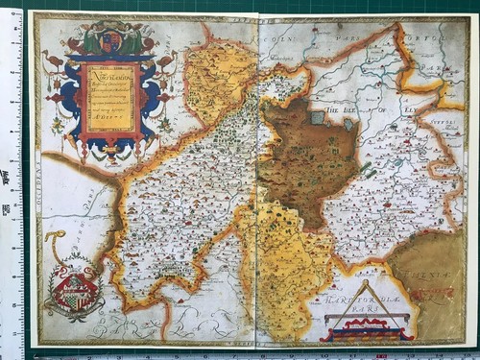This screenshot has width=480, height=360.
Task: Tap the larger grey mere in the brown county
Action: pyautogui.click(x=317, y=118)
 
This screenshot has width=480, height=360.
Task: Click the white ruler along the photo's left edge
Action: pyautogui.click(x=12, y=182)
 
